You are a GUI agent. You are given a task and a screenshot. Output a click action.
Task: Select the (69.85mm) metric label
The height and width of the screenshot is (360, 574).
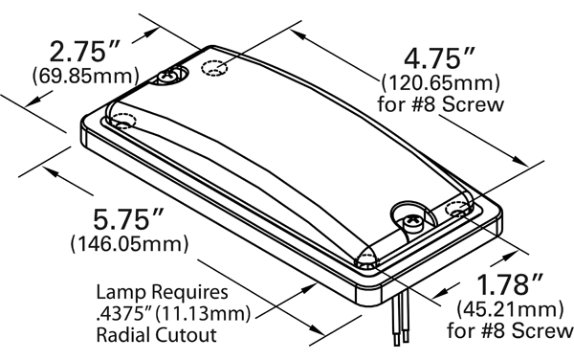tap(86, 77)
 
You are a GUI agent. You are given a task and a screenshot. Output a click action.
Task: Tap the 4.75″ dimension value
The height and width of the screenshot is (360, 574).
tap(440, 57)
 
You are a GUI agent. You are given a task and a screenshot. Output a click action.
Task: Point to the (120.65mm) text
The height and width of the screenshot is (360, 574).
tap(440, 83)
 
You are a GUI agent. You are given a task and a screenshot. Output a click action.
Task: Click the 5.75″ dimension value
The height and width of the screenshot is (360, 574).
tap(128, 219)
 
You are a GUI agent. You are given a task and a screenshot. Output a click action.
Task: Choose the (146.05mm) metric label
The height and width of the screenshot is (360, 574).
tap(129, 243)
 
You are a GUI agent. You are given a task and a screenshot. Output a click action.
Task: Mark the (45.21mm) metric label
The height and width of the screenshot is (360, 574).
tap(510, 309)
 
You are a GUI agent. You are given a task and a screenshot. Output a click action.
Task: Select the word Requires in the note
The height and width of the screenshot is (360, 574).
tap(190, 292)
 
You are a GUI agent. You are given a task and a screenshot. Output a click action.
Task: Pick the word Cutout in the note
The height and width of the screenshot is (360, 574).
tap(186, 335)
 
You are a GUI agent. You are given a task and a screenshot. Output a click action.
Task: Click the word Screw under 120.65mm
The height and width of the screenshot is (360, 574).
tap(473, 104)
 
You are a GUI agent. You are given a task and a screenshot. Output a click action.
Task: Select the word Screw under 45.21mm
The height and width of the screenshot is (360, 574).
tap(542, 330)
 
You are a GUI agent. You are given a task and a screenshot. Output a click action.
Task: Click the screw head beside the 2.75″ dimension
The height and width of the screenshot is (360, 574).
tap(169, 76)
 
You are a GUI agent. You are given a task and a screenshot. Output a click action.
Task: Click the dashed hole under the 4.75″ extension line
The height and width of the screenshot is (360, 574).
tap(214, 68)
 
